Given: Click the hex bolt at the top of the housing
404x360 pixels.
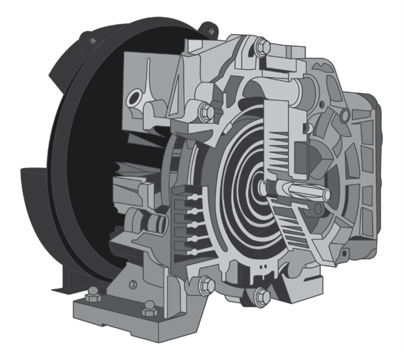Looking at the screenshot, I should pos(262,46).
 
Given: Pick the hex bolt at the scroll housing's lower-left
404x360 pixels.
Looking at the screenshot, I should pos(206,285).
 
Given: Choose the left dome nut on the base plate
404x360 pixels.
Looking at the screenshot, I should pos(92,297).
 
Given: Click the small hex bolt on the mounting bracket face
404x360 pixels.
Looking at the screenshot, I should pos(134,283).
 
